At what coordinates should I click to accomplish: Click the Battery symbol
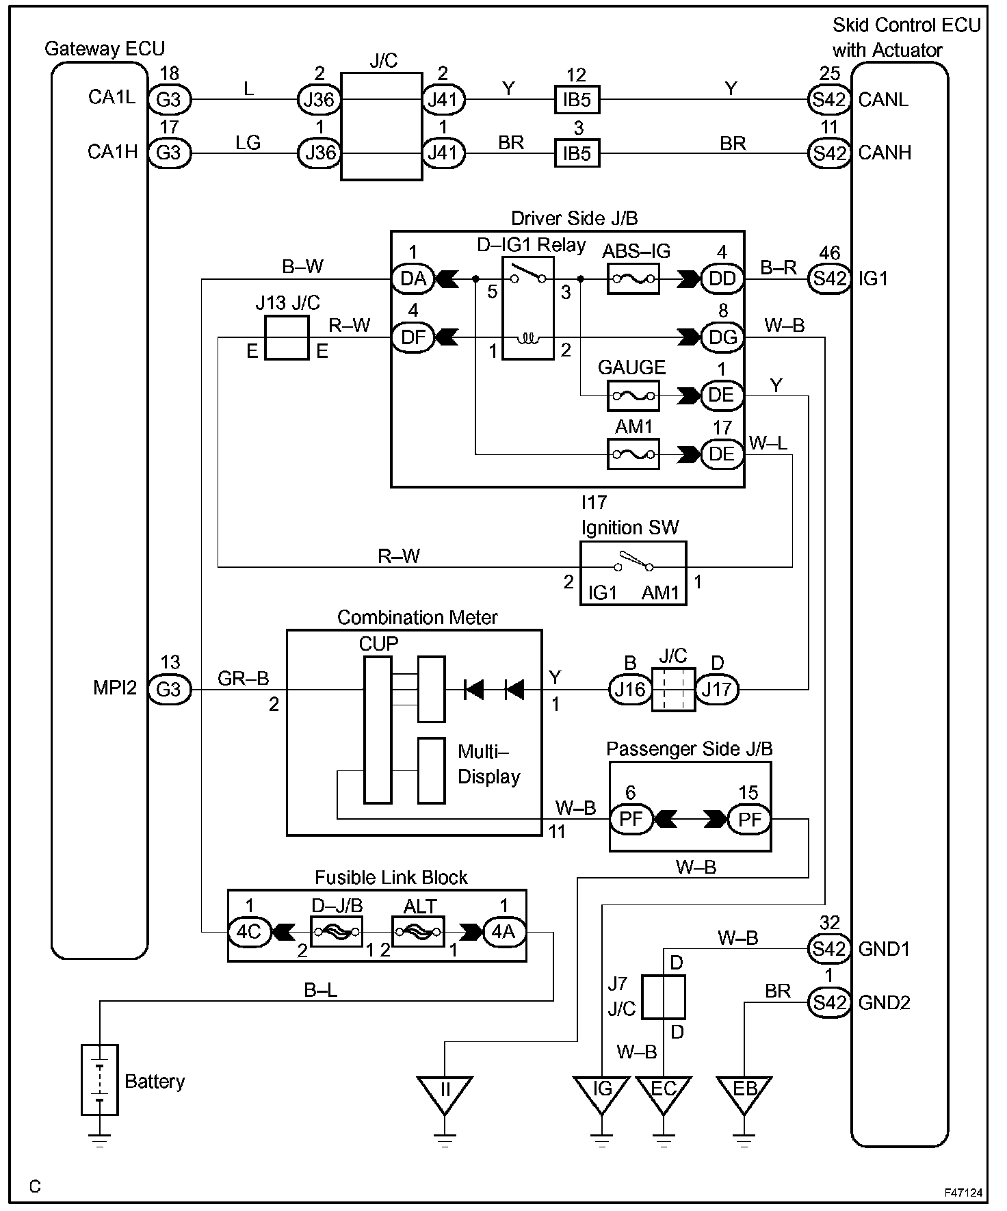point(99,1079)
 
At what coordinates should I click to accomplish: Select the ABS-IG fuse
point(633,279)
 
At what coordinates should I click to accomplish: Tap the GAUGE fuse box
point(633,395)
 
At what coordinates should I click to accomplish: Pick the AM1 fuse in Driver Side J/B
point(633,454)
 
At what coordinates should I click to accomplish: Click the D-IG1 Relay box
point(527,308)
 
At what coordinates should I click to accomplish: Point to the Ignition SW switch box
point(633,573)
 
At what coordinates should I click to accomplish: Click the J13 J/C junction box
point(287,337)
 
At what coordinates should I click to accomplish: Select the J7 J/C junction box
point(663,997)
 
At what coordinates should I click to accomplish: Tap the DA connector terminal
point(413,279)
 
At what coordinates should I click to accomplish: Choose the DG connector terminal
point(722,337)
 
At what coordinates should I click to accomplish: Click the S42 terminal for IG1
point(829,279)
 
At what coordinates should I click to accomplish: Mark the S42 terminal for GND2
point(829,1002)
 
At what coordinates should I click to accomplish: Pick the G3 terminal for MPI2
point(169,689)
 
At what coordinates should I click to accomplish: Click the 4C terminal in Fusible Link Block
point(249,932)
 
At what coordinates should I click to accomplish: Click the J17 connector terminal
point(716,689)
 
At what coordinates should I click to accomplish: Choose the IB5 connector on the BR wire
point(576,153)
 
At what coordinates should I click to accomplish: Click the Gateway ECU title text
point(104,49)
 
